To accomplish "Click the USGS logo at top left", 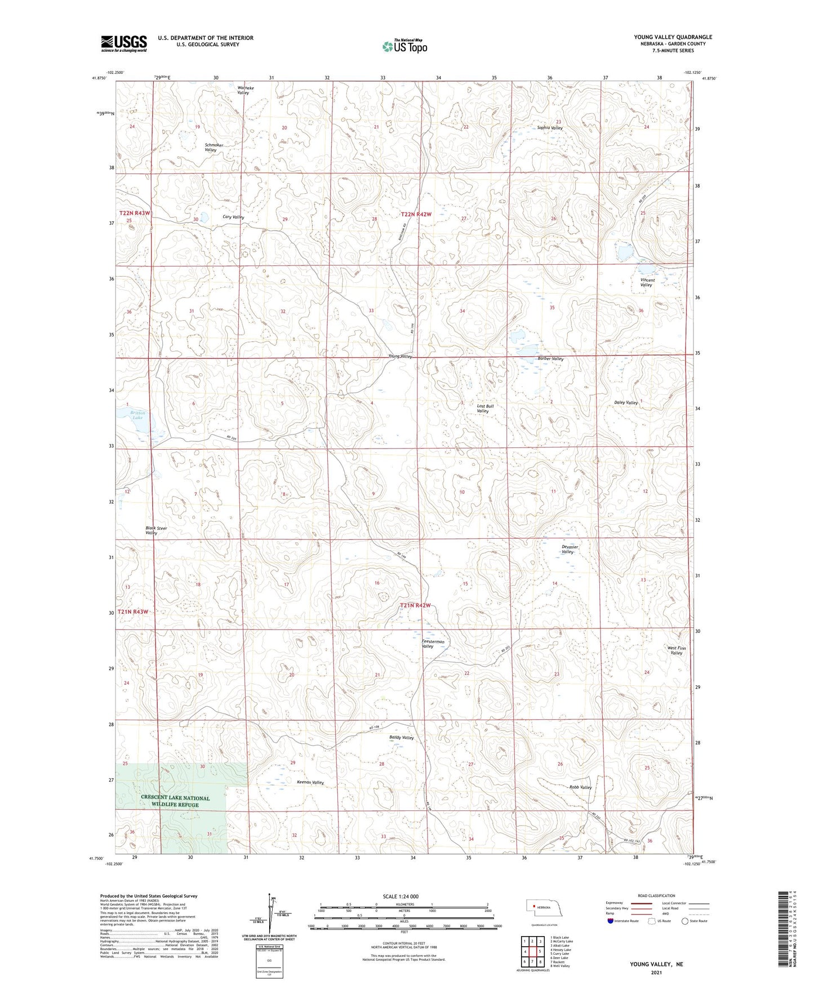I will (x=124, y=43).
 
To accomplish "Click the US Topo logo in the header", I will (x=404, y=46).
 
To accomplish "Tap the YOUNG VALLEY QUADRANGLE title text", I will (x=673, y=37).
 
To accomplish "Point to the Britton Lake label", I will (x=137, y=415).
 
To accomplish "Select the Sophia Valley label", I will (x=549, y=128).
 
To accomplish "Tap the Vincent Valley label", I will (x=647, y=282).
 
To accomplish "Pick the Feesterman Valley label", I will (x=433, y=644).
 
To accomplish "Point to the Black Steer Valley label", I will (x=155, y=530).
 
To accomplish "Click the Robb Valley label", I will (x=580, y=787).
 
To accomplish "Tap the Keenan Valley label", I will (x=310, y=783).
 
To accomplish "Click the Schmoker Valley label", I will (x=213, y=148).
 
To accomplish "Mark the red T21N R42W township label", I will (x=415, y=605).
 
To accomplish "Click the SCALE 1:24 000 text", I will (x=401, y=896).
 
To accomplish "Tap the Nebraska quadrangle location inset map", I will (x=547, y=910).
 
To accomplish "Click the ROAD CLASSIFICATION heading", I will (x=657, y=896).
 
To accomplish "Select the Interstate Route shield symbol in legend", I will (x=611, y=921).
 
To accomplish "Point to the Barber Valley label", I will (x=550, y=359).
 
